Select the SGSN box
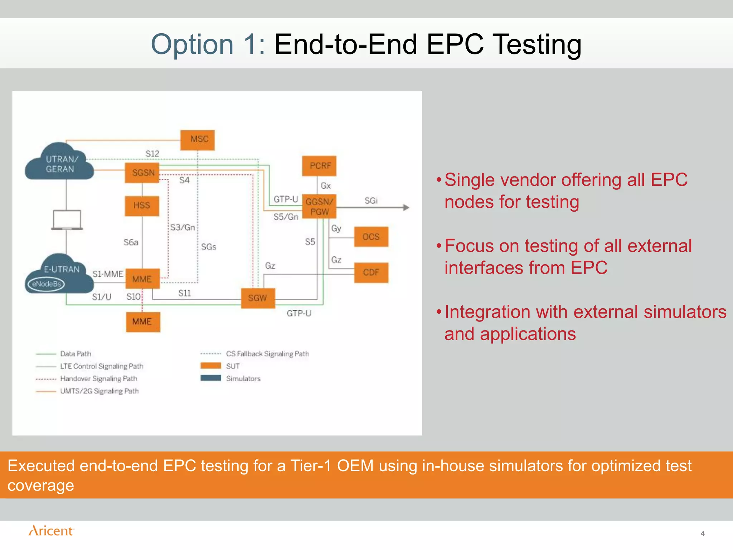pyautogui.click(x=142, y=173)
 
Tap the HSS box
pyautogui.click(x=142, y=206)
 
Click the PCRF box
pyautogui.click(x=319, y=166)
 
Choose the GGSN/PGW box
pyautogui.click(x=319, y=207)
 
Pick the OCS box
pyautogui.click(x=371, y=237)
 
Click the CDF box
pyautogui.click(x=371, y=273)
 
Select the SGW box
pyautogui.click(x=258, y=298)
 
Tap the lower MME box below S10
pyautogui.click(x=142, y=322)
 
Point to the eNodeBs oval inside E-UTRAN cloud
pyautogui.click(x=47, y=284)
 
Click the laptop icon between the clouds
pyautogui.click(x=67, y=220)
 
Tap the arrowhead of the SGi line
pyautogui.click(x=406, y=208)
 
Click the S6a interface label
pyautogui.click(x=131, y=242)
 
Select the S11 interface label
pyautogui.click(x=185, y=293)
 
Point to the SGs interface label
pyautogui.click(x=209, y=247)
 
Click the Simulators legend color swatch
pyautogui.click(x=211, y=378)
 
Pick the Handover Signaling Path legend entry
pyautogui.click(x=98, y=379)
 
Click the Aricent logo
pyautogui.click(x=51, y=531)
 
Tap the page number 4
pyautogui.click(x=703, y=534)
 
